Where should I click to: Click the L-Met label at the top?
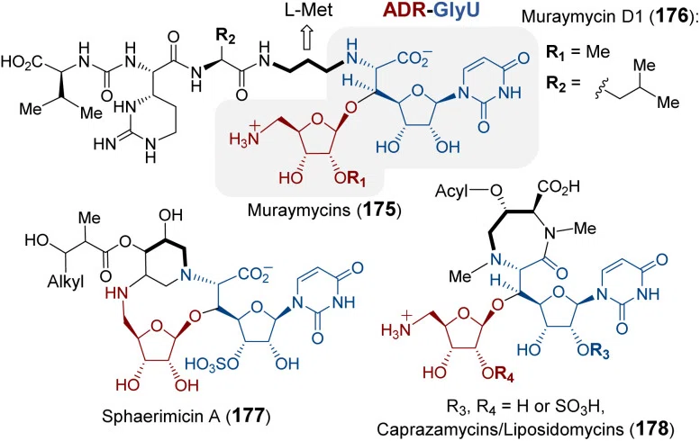pos(309,10)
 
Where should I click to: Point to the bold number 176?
pos(668,16)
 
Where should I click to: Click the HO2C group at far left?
pos(22,62)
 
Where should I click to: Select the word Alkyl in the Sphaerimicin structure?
pos(66,283)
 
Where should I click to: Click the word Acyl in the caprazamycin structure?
pos(450,192)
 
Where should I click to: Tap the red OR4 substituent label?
pos(498,373)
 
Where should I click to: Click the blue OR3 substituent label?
pos(593,350)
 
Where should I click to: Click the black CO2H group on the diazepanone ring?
pos(559,187)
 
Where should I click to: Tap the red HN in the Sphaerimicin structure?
pos(117,293)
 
